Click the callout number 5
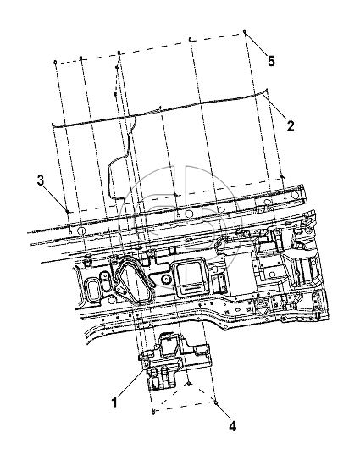point(271,61)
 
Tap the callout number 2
point(291,126)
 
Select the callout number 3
point(41,180)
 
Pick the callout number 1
point(115,402)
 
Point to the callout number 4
point(232,426)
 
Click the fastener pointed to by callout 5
point(245,31)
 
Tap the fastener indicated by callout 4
point(215,402)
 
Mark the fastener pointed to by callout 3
point(67,211)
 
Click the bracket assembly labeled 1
point(174,361)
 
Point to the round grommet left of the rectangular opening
point(166,279)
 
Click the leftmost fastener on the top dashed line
point(55,62)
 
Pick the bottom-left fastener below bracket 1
point(153,412)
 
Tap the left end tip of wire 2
point(53,125)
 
